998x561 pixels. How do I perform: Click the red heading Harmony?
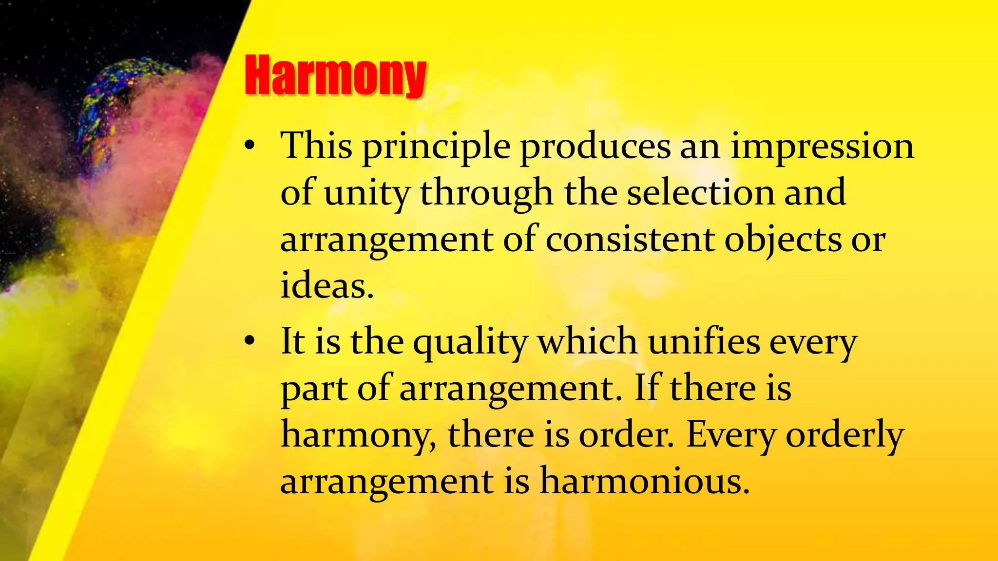click(x=335, y=75)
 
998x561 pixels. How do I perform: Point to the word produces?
click(x=595, y=147)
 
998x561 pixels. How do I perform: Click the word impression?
click(x=823, y=147)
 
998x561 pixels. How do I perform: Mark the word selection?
click(x=700, y=192)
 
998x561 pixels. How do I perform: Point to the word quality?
click(x=470, y=343)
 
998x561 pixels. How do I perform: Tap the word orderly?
click(x=845, y=436)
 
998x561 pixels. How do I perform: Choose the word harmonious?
click(x=644, y=481)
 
